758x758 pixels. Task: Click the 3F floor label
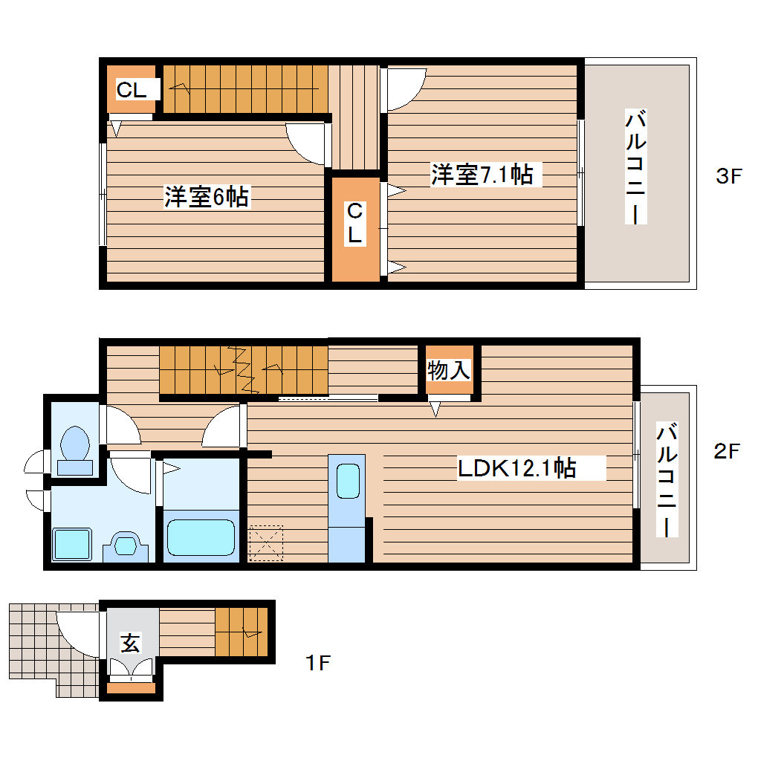[x=728, y=176]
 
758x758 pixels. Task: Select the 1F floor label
[x=317, y=662]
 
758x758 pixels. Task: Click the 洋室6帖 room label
[x=207, y=198]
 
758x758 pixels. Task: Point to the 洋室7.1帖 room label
[x=482, y=175]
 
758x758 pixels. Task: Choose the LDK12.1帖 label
[x=516, y=468]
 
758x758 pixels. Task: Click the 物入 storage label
[x=449, y=370]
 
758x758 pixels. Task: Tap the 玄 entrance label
[x=131, y=643]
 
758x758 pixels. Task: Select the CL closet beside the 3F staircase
[x=132, y=90]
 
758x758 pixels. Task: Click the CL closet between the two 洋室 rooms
[x=355, y=224]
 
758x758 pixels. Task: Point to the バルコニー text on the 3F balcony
[x=635, y=167]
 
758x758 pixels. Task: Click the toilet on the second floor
[x=74, y=450]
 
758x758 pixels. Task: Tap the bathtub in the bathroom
[x=200, y=537]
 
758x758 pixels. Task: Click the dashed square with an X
[x=266, y=542]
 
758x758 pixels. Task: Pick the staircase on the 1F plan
[x=241, y=631]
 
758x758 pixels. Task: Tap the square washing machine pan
[x=71, y=544]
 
